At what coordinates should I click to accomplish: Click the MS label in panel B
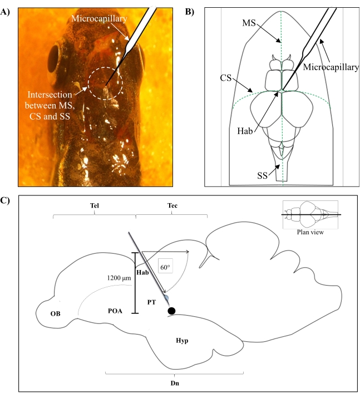(249, 24)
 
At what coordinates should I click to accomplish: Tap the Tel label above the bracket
(94, 205)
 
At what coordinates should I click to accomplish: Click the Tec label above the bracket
(172, 205)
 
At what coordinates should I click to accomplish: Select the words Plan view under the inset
(310, 232)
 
